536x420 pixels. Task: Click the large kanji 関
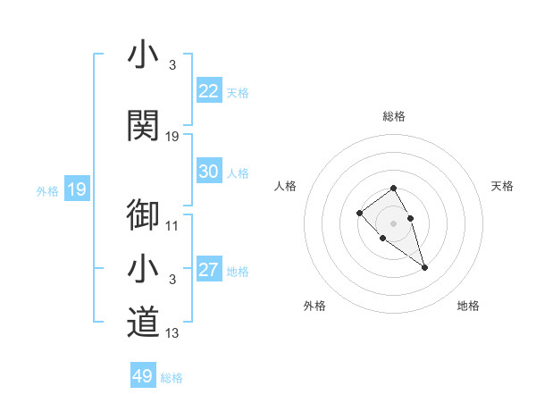[x=143, y=125]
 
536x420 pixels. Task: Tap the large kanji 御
[x=143, y=216]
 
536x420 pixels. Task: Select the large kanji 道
[x=143, y=323]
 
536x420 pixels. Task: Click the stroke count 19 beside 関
[x=172, y=137]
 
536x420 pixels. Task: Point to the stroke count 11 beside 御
[x=172, y=226]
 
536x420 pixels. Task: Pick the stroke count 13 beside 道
[x=172, y=334]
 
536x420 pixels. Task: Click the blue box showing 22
[x=209, y=91]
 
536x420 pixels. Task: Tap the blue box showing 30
[x=209, y=172]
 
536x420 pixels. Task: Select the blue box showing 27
[x=209, y=270]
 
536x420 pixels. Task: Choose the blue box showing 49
[x=143, y=376]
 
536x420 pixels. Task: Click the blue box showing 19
[x=76, y=189]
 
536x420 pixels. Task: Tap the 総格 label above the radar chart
[x=394, y=116]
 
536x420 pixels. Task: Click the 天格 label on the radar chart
[x=502, y=186]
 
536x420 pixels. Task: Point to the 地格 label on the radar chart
[x=468, y=306]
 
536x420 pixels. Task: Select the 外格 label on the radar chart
[x=314, y=306]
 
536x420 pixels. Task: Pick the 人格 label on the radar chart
[x=286, y=186]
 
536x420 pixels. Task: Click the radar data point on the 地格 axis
[x=424, y=267]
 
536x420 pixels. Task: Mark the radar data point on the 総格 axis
[x=394, y=189]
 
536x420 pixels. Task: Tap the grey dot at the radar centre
[x=394, y=223]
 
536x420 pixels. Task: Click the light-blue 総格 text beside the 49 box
[x=172, y=378]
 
